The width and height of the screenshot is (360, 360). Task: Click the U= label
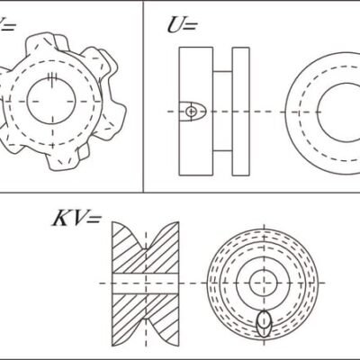tap(181, 24)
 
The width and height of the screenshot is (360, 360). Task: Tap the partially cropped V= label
tap(7, 24)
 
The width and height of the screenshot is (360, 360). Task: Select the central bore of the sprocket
tap(53, 101)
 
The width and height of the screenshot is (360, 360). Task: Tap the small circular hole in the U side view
tap(191, 110)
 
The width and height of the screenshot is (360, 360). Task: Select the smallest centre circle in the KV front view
tap(263, 282)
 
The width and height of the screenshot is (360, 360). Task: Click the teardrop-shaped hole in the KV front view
tap(264, 321)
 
